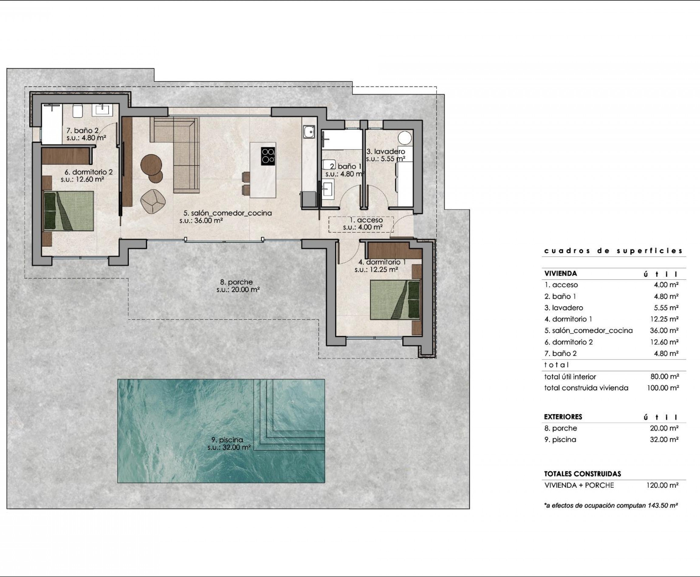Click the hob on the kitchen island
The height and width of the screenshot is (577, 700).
[268, 156]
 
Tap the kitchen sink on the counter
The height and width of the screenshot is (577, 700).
[309, 132]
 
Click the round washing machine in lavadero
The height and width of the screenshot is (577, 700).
[405, 138]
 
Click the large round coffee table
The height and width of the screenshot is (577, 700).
[151, 165]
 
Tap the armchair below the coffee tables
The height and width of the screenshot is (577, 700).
[153, 201]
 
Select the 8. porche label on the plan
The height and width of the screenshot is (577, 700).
[236, 282]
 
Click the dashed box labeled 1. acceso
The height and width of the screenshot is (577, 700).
[361, 224]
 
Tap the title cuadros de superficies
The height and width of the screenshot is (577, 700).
[613, 251]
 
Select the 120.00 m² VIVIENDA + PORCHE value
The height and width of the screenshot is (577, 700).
[662, 485]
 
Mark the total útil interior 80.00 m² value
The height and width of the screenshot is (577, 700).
[664, 377]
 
